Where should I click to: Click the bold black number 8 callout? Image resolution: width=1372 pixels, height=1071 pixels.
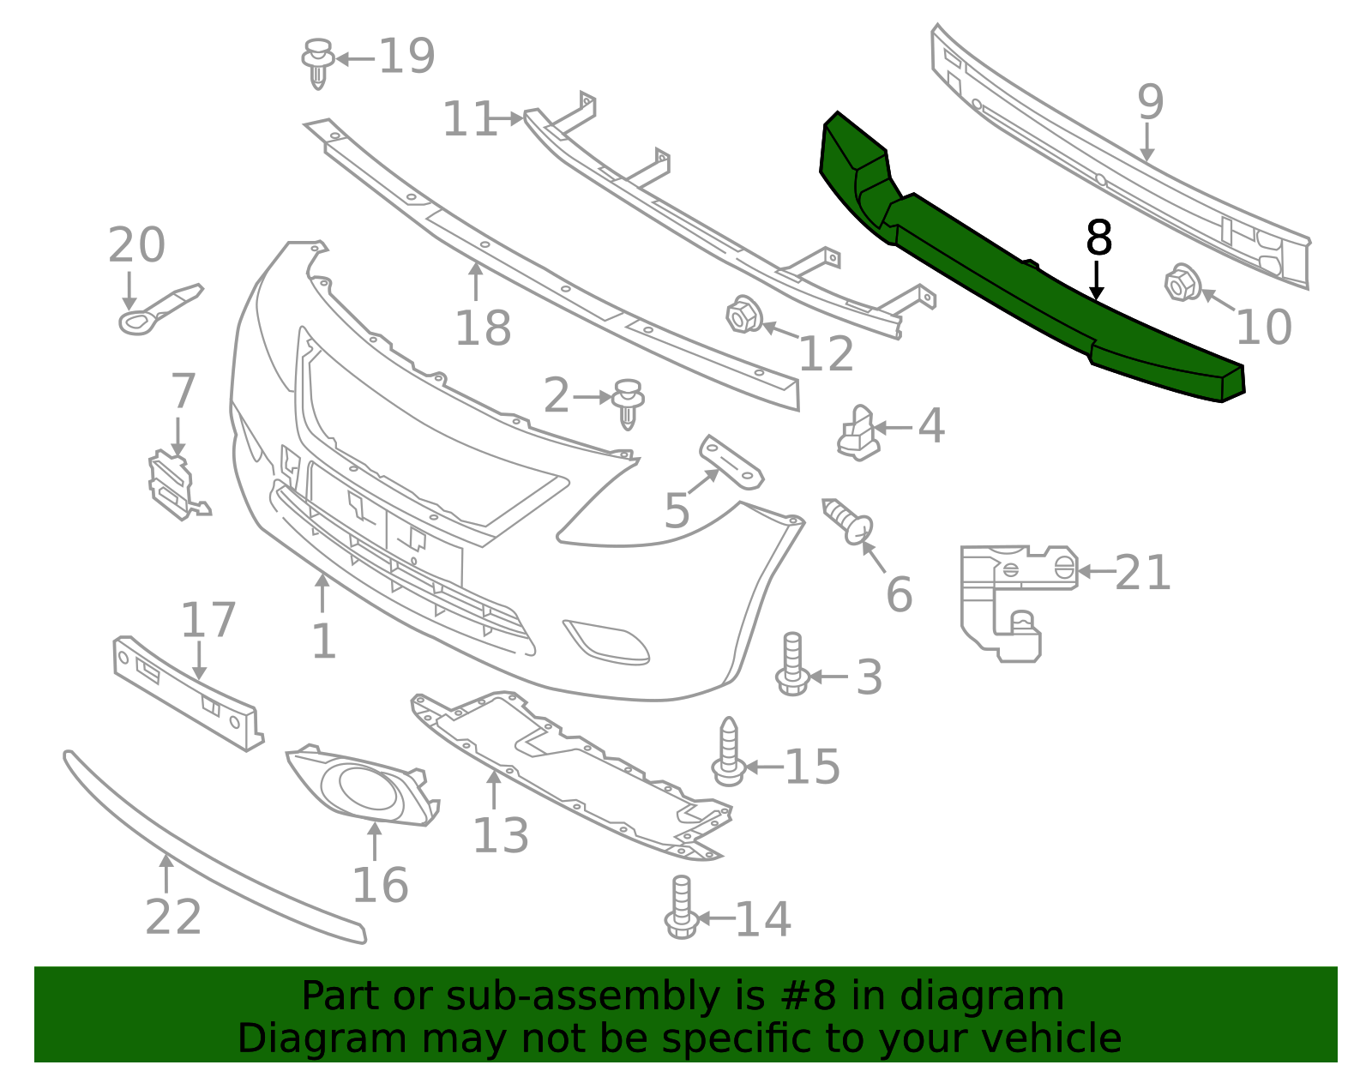(x=1098, y=238)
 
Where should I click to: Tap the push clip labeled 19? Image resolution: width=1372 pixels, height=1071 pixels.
(x=318, y=61)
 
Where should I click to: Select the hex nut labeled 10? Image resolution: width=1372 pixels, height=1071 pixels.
(x=1182, y=283)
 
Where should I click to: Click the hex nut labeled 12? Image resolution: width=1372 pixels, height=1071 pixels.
(x=743, y=315)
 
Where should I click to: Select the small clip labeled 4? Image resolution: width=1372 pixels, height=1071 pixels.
(x=858, y=433)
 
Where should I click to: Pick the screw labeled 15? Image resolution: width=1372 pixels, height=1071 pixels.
(x=728, y=752)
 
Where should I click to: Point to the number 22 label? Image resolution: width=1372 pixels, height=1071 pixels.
(x=174, y=918)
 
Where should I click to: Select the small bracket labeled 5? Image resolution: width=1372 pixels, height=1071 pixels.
(x=731, y=460)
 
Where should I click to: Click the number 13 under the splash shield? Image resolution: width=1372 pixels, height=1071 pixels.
(x=501, y=835)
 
